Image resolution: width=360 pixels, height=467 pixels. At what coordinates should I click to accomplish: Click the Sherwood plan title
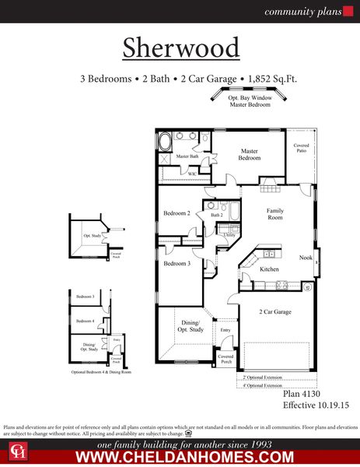click(180, 47)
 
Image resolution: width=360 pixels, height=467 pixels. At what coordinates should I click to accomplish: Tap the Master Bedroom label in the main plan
click(249, 154)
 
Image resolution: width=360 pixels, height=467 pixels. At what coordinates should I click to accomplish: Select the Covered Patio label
click(300, 149)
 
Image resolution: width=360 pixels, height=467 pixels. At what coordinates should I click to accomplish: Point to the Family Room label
click(275, 215)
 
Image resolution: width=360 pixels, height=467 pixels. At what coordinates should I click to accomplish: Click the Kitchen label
click(269, 269)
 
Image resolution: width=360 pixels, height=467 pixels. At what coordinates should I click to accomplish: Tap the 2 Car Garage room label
click(274, 311)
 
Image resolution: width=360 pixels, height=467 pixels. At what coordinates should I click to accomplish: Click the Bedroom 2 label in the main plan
click(177, 212)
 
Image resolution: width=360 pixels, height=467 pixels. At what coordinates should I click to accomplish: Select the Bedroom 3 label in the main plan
click(177, 264)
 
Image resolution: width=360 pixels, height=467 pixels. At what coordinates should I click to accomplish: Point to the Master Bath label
click(187, 157)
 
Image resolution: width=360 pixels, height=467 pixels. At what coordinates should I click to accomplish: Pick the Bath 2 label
click(216, 215)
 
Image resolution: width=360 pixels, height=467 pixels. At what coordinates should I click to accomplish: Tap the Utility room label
click(230, 234)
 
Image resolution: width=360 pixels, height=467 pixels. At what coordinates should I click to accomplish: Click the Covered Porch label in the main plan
click(225, 359)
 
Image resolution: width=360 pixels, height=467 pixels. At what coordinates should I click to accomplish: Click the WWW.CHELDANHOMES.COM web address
click(184, 457)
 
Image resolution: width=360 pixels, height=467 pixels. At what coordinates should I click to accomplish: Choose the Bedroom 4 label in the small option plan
click(85, 321)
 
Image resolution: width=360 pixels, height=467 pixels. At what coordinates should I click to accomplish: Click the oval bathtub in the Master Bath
click(166, 142)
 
